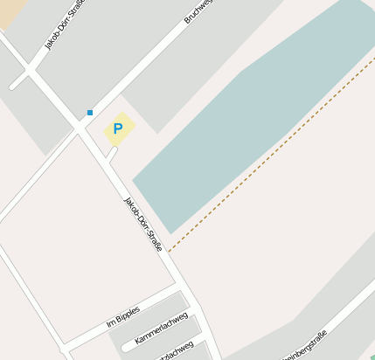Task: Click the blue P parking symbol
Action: click(117, 129)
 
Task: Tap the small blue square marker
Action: click(89, 113)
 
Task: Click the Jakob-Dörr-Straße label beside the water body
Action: click(142, 225)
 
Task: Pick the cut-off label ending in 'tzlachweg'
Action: click(175, 351)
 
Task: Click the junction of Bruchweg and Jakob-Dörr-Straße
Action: click(80, 125)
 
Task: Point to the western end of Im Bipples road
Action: click(66, 345)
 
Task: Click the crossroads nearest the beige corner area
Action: click(29, 70)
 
